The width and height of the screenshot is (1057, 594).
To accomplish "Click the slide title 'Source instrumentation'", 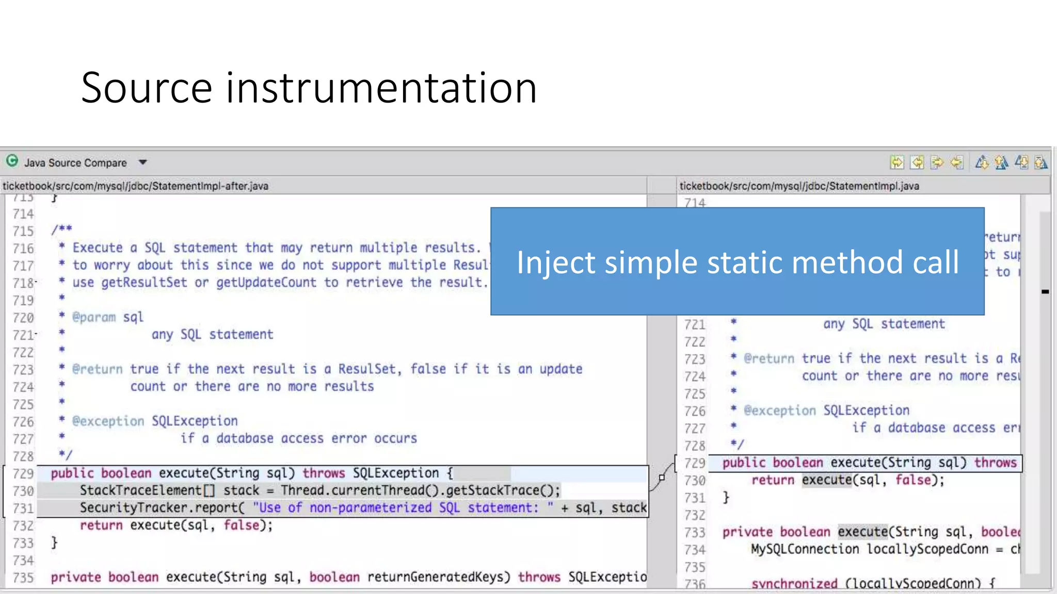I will [x=309, y=88].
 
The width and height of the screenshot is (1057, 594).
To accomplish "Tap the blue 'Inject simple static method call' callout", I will [x=737, y=261].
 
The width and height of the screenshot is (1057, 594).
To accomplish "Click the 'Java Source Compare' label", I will [x=75, y=163].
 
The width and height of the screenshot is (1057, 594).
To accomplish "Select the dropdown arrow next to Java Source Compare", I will [x=143, y=162].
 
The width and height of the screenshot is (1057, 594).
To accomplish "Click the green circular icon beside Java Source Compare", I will [x=12, y=161].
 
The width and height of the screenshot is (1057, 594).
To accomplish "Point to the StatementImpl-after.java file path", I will [x=135, y=186].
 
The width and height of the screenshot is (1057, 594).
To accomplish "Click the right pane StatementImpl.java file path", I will [x=799, y=186].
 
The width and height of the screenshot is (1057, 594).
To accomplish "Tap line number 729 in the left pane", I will [x=23, y=473].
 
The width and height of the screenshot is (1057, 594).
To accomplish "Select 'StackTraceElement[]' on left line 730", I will [x=147, y=490].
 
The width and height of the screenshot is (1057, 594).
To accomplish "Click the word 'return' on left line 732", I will [x=101, y=525].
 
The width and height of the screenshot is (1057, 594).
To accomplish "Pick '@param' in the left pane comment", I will [x=94, y=317].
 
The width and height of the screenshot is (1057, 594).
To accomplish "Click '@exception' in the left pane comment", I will [x=108, y=421].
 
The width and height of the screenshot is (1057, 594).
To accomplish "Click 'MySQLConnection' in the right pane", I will [x=805, y=549].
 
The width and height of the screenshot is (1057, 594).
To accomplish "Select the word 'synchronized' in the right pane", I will [x=794, y=584].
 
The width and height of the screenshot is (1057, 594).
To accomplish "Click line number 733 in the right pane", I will [x=695, y=532].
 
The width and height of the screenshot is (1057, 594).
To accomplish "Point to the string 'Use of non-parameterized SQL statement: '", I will [x=403, y=508].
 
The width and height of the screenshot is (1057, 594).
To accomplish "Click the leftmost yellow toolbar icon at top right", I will [x=897, y=163].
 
